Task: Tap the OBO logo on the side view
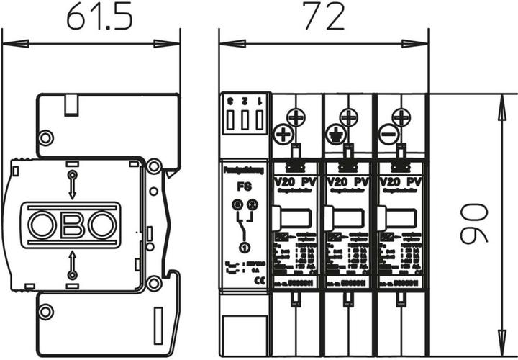[x=72, y=225]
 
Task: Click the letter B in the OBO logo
[x=72, y=225]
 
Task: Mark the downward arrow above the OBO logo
[x=72, y=184]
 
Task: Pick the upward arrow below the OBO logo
[x=72, y=266]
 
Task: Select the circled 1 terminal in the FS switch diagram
[x=244, y=248]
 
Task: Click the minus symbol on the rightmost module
[x=388, y=133]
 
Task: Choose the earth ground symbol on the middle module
[x=334, y=133]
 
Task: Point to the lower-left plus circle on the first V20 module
[x=282, y=133]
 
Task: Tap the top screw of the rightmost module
[x=401, y=115]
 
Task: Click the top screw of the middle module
[x=347, y=115]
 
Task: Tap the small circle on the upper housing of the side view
[x=45, y=137]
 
